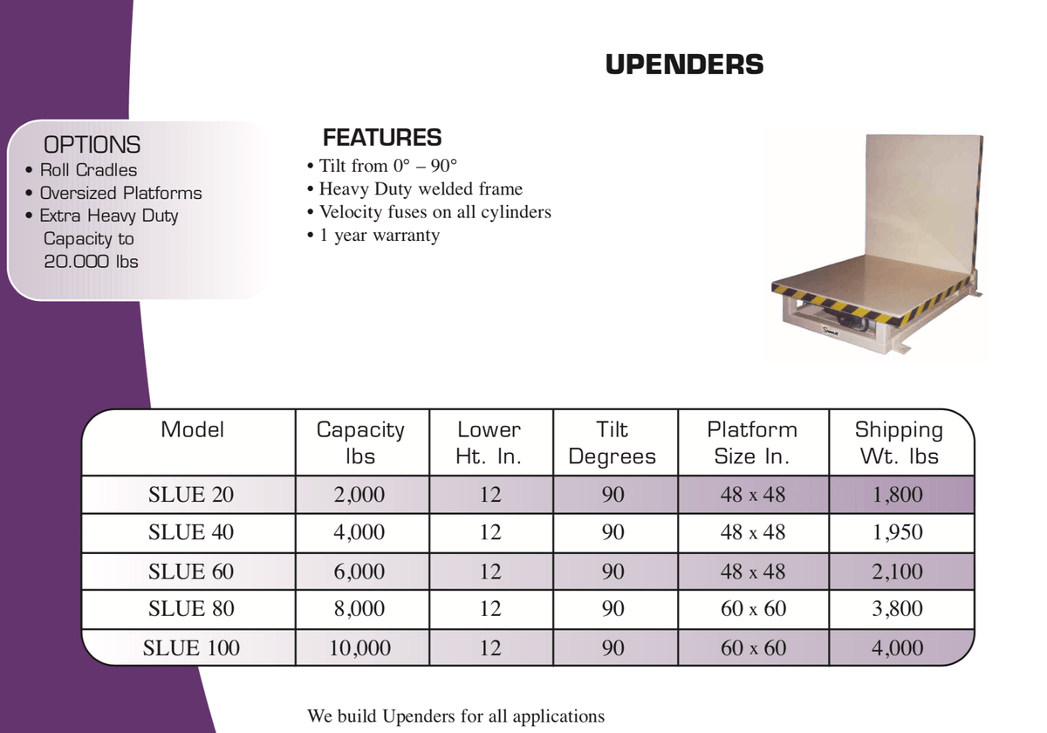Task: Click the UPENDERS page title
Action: pos(684,65)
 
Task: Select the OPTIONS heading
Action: pos(92,145)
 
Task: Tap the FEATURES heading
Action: pos(382,138)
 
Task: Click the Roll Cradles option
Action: pos(88,170)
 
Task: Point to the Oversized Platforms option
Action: pos(120,193)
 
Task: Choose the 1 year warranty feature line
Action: pos(379,236)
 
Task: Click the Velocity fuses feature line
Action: pos(435,212)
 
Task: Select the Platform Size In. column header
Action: pos(752,442)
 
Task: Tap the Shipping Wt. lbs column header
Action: pos(899,442)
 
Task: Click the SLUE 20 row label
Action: pos(191,495)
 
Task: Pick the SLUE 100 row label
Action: pos(191,647)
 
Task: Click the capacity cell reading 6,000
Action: pos(359,572)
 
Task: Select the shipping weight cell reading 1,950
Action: pos(898,532)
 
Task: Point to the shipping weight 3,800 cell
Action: pos(898,609)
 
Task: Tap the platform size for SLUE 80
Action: pos(753,609)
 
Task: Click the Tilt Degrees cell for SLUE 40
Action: pos(613,532)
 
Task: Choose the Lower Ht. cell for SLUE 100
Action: pos(490,647)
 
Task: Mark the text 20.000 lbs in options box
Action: pos(91,261)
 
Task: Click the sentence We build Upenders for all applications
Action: pos(455,716)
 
